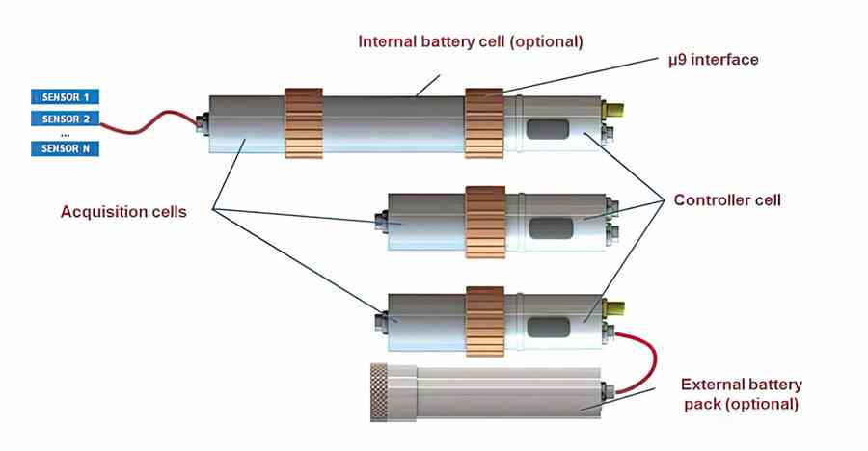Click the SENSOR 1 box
66,96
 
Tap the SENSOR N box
66,148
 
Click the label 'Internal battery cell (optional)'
471,42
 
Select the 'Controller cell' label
727,200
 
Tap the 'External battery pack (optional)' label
740,393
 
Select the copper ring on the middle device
485,222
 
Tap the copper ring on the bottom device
485,322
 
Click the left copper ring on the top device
304,123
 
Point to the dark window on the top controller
548,128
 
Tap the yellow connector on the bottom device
614,306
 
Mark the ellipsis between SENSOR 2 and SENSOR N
66,134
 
